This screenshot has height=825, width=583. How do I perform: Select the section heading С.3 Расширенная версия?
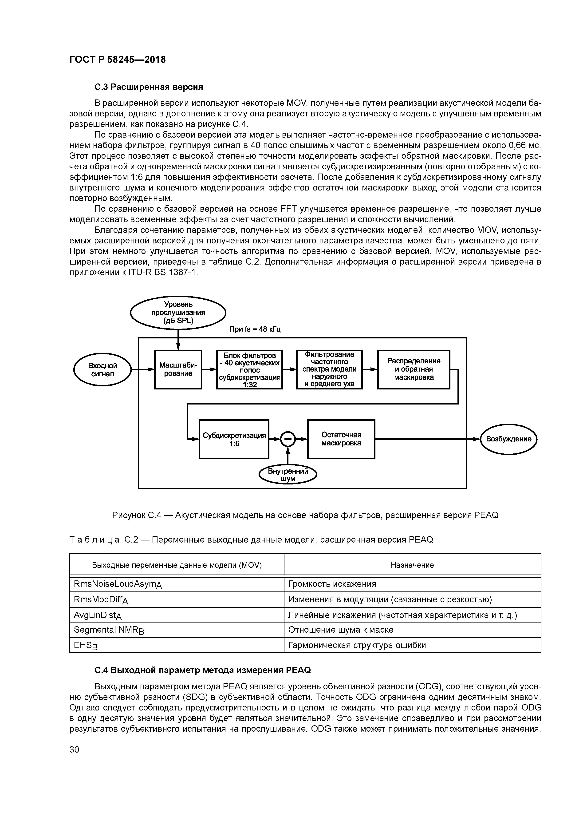coord(149,87)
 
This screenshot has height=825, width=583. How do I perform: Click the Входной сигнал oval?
coord(103,370)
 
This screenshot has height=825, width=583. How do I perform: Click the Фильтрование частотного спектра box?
coord(329,369)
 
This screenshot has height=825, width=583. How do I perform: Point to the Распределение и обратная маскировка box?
coord(414,369)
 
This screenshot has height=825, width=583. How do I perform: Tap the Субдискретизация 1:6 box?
coord(234,439)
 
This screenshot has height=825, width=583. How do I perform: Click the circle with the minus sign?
coord(287,439)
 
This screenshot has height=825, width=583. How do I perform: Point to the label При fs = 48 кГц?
coord(255,329)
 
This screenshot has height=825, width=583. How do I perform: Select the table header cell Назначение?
coord(412,565)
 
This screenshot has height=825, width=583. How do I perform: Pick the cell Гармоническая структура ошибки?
coord(357,645)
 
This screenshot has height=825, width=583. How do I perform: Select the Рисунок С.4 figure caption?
coord(305,515)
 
